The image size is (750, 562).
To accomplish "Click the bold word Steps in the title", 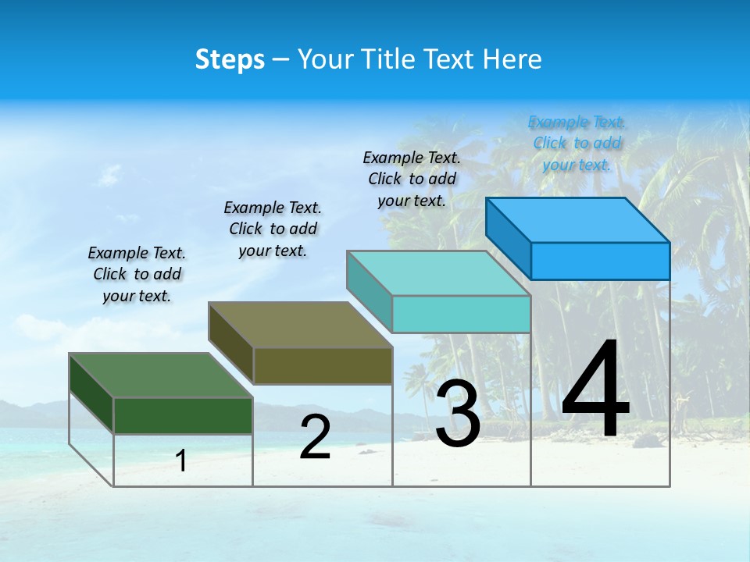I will point(230,59).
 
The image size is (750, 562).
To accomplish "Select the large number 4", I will point(595,389).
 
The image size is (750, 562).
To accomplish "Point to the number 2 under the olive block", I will point(315,438).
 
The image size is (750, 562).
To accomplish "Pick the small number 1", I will point(181,461).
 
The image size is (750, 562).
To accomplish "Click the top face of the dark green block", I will point(160,375).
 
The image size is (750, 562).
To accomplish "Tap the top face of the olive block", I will point(300,325).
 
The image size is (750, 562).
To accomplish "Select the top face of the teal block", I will point(438,273).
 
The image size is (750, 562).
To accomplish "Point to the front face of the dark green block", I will point(183,415).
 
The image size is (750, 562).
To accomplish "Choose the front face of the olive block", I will point(323,365).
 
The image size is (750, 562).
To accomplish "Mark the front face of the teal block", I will point(461,314).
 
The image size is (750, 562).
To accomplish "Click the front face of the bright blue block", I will point(600,261).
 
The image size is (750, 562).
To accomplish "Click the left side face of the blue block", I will point(508,237).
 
